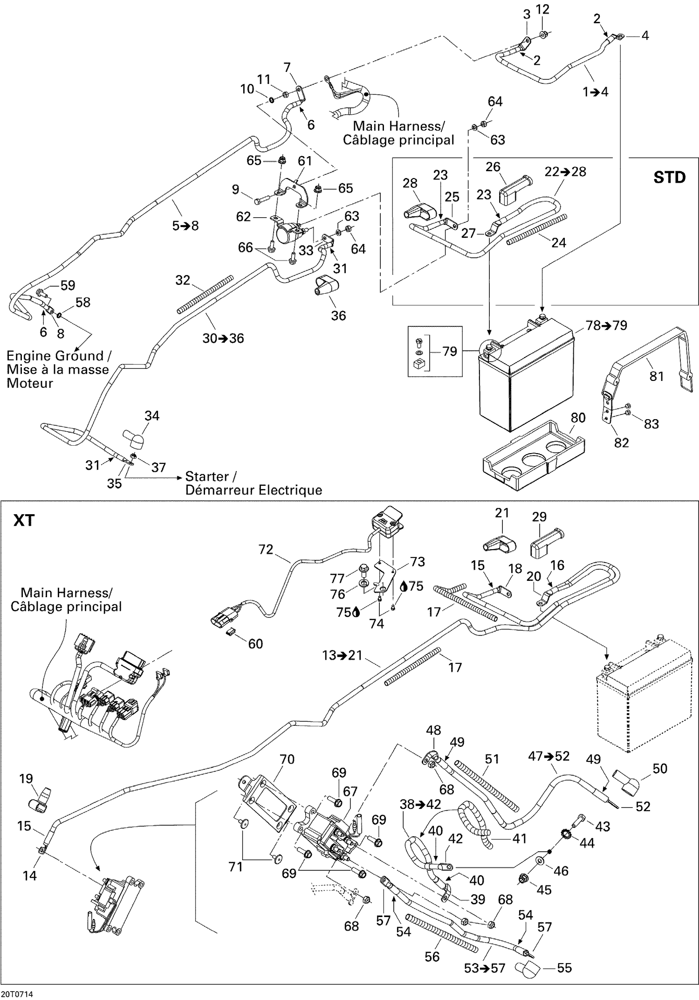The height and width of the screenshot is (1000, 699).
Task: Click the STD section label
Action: coord(669,178)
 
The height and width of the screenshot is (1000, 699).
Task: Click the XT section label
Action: coord(24,520)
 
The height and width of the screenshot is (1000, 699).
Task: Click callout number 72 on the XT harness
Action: coord(266,550)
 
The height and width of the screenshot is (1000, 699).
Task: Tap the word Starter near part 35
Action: coord(207,476)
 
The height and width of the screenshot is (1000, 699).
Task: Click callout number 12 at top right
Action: coord(543,9)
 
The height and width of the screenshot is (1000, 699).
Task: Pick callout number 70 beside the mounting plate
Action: coord(287,759)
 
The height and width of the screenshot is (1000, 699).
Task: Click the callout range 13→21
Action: coord(342,655)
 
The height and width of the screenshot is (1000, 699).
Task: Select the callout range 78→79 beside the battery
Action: coord(606,325)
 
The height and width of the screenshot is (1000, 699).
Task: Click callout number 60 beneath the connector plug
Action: coord(255,644)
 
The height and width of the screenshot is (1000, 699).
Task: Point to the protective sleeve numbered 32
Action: coord(205,295)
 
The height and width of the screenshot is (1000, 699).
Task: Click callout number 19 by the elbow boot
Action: coord(26,779)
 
